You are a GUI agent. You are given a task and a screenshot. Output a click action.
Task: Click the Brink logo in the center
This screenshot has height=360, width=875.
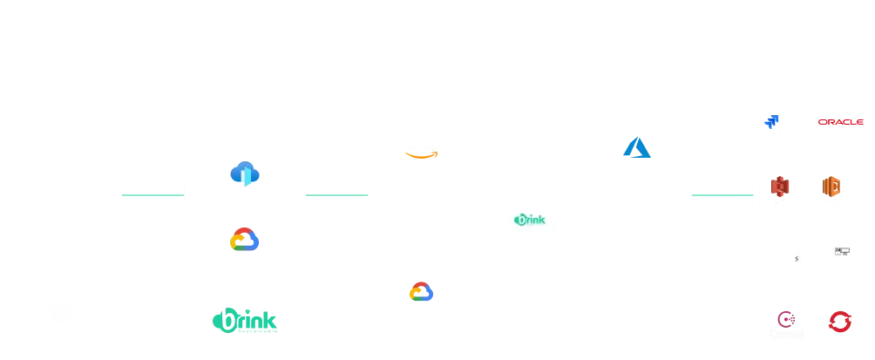(x=529, y=221)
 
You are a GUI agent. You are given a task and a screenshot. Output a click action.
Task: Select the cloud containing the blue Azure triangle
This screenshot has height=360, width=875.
(x=636, y=146)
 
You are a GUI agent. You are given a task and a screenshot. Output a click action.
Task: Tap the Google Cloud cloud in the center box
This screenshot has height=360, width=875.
(x=419, y=292)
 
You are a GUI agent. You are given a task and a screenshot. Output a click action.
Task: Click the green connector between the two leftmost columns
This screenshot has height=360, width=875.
(x=153, y=195)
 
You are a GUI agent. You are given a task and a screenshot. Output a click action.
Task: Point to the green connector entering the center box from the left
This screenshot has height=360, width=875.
(x=336, y=195)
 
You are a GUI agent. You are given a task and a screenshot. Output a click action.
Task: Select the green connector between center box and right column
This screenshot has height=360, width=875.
(x=723, y=195)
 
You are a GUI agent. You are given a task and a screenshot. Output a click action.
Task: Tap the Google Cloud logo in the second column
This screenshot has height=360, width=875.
(x=244, y=241)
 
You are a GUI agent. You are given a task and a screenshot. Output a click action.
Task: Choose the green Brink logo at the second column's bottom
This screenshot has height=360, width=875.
(x=244, y=321)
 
